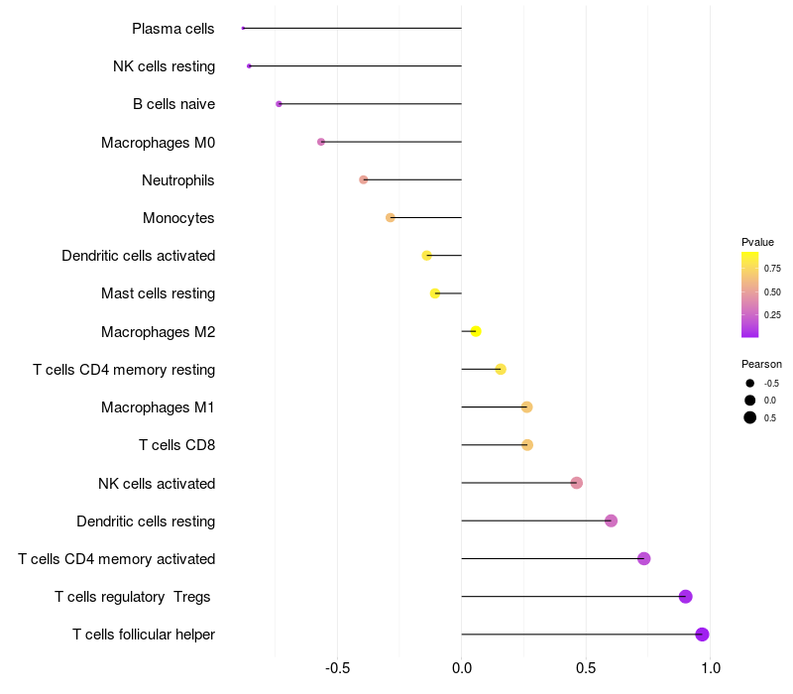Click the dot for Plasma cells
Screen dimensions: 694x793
[243, 28]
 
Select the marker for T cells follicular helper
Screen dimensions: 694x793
[702, 635]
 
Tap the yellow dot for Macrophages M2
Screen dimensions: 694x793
[476, 331]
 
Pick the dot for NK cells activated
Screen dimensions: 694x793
[577, 483]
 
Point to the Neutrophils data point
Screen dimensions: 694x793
[364, 179]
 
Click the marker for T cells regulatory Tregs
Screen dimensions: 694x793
[685, 596]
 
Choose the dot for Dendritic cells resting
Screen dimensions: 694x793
[611, 520]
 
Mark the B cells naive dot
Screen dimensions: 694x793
[280, 104]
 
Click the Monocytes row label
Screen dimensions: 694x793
[178, 218]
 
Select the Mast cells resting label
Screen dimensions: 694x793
[158, 293]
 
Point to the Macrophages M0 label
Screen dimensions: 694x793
[158, 142]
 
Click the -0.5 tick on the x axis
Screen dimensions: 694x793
[337, 668]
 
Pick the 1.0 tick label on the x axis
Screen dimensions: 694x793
[711, 668]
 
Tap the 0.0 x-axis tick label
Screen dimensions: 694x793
[462, 668]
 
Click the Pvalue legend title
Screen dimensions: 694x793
[757, 242]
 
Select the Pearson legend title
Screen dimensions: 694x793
[761, 364]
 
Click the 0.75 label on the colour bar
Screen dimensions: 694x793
[772, 268]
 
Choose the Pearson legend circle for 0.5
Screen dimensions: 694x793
[750, 417]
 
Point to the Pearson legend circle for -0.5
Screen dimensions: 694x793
[750, 383]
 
